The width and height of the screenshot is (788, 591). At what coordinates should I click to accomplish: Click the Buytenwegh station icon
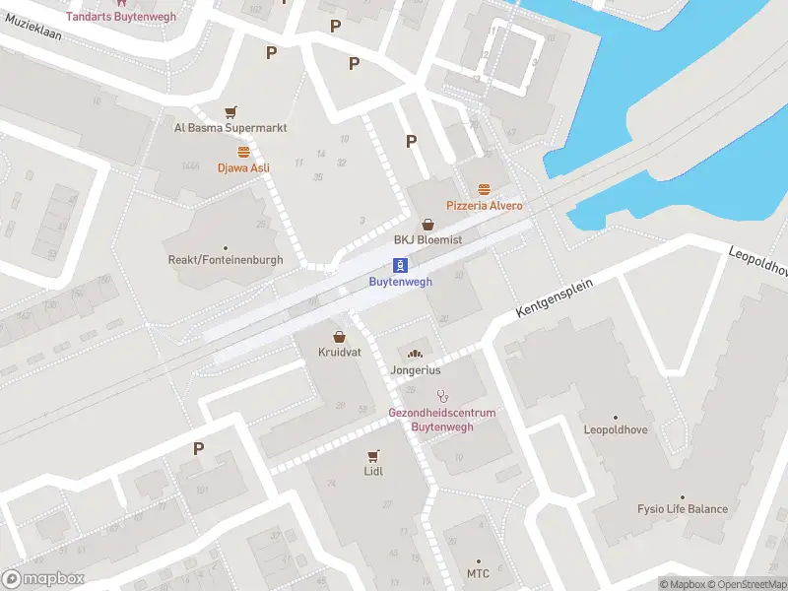coord(401,265)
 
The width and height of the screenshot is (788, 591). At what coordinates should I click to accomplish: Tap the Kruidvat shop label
coord(338,352)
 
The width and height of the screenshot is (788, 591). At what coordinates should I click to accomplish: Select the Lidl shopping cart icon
coord(373,455)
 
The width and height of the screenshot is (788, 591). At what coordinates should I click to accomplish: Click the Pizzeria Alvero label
coord(484,206)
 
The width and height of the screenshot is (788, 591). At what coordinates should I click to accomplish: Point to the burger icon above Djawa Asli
coord(243,151)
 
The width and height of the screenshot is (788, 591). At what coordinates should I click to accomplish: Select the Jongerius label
coord(415,370)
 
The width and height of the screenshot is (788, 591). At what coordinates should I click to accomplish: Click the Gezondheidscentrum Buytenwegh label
coord(441,420)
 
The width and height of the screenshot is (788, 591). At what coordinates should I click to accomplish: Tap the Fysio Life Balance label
coord(682,509)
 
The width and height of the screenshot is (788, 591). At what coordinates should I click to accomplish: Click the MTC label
coord(478,574)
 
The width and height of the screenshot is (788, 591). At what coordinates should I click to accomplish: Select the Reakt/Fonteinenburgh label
coord(225,260)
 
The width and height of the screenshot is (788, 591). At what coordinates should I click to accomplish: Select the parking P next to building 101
coord(198,448)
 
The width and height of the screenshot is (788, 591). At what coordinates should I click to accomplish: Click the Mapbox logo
coord(43,579)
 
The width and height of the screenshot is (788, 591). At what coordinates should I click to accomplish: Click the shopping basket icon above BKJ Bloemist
coord(427,225)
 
